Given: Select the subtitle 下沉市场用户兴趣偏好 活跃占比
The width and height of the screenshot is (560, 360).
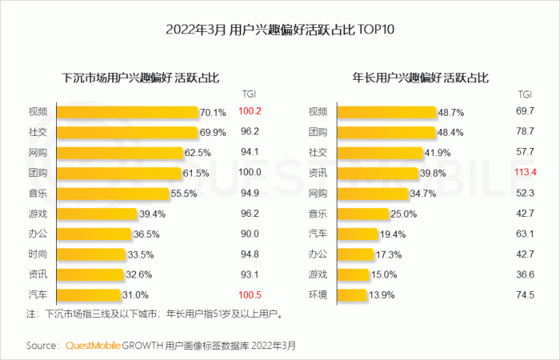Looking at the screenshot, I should (x=141, y=78).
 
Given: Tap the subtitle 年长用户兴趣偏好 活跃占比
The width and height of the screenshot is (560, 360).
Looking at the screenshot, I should (x=421, y=78).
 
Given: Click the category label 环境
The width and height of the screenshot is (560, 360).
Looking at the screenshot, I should (x=318, y=296).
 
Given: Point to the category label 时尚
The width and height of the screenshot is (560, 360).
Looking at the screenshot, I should (x=38, y=254).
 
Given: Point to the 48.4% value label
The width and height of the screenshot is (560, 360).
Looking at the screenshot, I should (x=450, y=132).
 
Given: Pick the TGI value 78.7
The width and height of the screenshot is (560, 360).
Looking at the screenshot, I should (x=525, y=132).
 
